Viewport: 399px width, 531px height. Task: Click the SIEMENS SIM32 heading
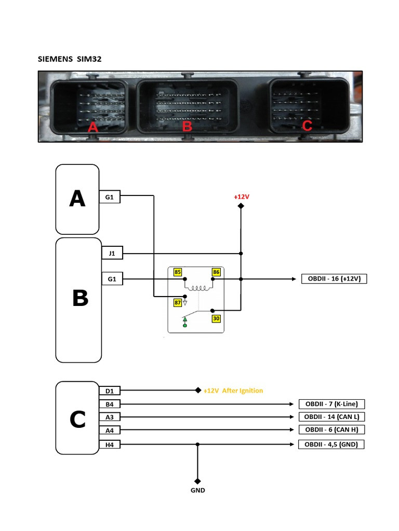click(x=70, y=59)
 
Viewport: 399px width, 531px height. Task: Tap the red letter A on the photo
click(x=93, y=126)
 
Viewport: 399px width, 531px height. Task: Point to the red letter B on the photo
click(x=187, y=126)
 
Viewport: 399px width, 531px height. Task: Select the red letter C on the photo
click(x=307, y=125)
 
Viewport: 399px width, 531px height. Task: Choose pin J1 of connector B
click(x=112, y=254)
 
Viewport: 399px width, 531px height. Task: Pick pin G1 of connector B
click(x=112, y=279)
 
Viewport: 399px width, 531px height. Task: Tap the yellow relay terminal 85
click(x=178, y=272)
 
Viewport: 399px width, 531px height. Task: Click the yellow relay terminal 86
click(x=216, y=272)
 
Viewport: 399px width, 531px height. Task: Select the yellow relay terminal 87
click(x=178, y=302)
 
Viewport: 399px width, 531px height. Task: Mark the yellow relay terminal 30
click(x=216, y=318)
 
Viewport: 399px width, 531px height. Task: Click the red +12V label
click(x=241, y=197)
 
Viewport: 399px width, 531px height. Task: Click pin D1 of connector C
click(x=110, y=390)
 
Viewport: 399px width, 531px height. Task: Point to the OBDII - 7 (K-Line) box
click(x=331, y=404)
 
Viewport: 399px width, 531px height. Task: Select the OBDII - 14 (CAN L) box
click(x=331, y=417)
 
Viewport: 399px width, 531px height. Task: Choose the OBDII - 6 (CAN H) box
click(x=331, y=430)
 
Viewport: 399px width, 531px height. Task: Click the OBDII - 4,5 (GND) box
click(x=331, y=444)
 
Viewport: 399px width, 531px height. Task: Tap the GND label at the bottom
click(x=197, y=490)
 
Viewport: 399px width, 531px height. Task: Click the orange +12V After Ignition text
click(x=233, y=390)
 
